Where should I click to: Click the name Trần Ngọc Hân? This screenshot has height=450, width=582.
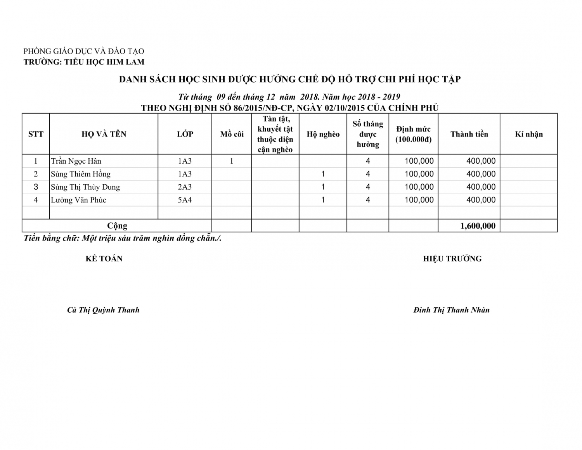pos(76,161)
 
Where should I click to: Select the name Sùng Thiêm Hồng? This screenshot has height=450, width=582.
pos(81,174)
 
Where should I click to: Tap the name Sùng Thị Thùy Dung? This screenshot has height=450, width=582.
pos(85,187)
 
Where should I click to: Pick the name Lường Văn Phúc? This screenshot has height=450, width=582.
pos(78,200)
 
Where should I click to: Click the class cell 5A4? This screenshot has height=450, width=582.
pos(185,200)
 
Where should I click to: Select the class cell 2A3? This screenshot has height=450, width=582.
pos(185,187)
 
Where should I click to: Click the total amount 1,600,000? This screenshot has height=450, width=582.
pos(478,226)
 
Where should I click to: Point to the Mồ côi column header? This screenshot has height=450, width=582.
pos(232,134)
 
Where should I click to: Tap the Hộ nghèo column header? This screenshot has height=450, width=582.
pos(323,134)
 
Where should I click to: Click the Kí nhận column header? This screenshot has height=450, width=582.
pos(528,134)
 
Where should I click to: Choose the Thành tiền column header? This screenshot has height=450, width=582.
pos(469,134)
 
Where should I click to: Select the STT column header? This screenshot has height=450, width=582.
pos(36,134)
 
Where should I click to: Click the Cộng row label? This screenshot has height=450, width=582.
pos(117,226)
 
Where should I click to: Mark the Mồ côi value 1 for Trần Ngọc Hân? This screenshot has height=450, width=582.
pos(232,161)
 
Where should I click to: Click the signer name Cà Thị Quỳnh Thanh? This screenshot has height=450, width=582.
pos(103,310)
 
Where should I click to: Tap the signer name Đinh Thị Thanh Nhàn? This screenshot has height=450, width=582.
pos(452,310)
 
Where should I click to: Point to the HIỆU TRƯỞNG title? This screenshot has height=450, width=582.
pos(452,259)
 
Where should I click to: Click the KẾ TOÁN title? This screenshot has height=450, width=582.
pos(104,259)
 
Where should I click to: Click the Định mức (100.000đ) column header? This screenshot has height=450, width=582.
pos(413,134)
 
